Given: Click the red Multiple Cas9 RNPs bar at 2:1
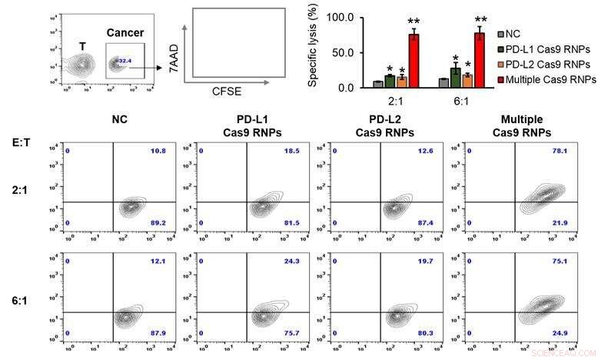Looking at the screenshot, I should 414,62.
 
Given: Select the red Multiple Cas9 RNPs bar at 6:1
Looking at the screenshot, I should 480,62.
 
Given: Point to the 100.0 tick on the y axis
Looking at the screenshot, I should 340,17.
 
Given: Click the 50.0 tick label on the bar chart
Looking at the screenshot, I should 342,52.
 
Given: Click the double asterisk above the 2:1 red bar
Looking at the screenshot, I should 414,22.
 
